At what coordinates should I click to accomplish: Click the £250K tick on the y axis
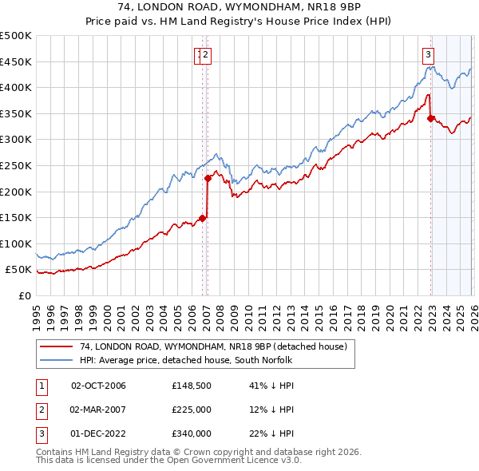point(16,165)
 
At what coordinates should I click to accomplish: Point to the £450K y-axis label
point(16,61)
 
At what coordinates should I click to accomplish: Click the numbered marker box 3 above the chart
point(429,54)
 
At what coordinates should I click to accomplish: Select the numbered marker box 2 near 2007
point(206,54)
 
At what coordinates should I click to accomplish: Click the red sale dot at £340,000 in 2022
point(431,119)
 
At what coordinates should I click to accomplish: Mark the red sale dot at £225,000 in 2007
point(208,179)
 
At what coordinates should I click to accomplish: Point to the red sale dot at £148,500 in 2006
point(202,218)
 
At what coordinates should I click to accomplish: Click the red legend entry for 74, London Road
point(213,346)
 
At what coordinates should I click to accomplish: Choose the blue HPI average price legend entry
point(186,361)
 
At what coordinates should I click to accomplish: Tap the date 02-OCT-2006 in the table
point(98,386)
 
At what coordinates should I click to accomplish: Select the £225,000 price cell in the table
point(192,410)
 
